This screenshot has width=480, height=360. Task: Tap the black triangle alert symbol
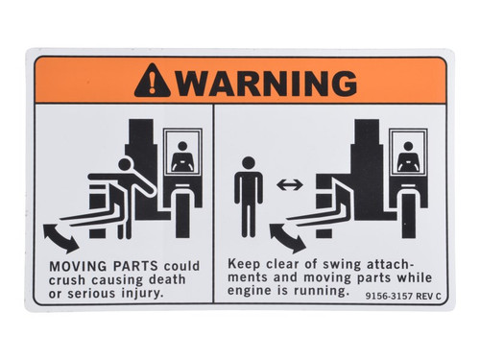[152, 82]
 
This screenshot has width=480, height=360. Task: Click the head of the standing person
[249, 164]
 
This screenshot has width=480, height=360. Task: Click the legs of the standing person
[249, 221]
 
